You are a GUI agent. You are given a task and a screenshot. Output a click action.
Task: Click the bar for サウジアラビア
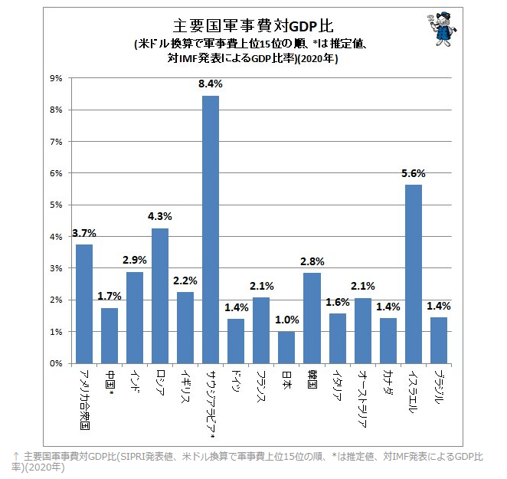click(211, 230)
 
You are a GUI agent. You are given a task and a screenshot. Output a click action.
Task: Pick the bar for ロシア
click(160, 296)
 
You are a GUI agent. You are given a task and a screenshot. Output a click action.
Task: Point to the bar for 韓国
click(312, 318)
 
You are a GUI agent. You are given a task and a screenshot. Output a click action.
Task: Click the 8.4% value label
click(211, 84)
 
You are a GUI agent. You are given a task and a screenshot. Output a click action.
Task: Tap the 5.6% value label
click(413, 173)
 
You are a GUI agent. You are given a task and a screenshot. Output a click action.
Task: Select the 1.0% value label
click(286, 320)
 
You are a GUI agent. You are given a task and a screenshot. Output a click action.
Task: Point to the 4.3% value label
click(160, 216)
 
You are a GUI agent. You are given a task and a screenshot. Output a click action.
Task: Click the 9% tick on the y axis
click(56, 78)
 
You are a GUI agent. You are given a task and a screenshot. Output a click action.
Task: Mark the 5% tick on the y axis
click(56, 205)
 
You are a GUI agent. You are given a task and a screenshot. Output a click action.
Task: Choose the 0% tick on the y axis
click(56, 363)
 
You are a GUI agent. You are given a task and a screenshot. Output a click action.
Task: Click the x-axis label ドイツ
click(236, 381)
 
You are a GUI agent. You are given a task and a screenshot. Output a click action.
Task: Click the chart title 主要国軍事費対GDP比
click(243, 28)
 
